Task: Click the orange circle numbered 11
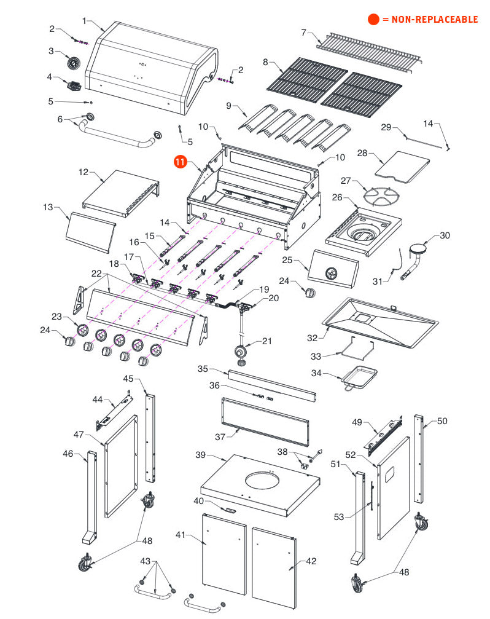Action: (x=180, y=162)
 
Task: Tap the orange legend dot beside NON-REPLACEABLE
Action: (x=373, y=20)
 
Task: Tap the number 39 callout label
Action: (x=200, y=455)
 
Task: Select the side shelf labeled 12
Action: (x=120, y=192)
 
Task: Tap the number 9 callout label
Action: (x=228, y=106)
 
